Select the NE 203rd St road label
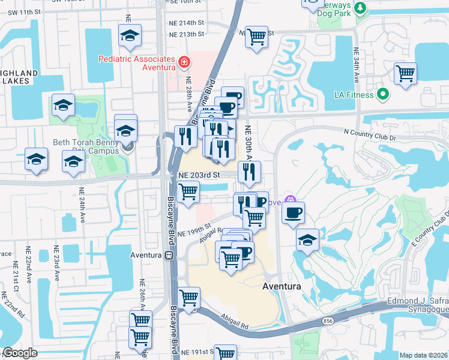200,174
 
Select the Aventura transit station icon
169,255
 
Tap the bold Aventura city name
282,287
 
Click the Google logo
20,353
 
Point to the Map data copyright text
424,355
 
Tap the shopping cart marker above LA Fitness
406,74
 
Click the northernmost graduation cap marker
129,37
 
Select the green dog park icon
360,8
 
